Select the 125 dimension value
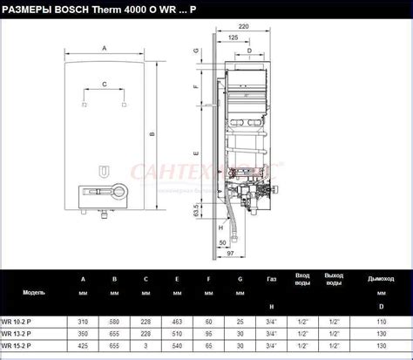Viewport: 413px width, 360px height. (x=234, y=39)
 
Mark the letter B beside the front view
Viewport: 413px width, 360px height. (x=152, y=134)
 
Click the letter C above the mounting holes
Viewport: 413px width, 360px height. (x=105, y=85)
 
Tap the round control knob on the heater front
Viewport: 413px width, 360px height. (x=106, y=190)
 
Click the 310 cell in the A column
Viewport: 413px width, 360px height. (x=83, y=320)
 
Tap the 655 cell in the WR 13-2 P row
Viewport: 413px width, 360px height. (x=114, y=332)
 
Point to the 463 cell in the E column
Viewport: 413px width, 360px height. (x=177, y=320)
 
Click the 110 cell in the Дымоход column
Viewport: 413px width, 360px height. (x=380, y=320)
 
